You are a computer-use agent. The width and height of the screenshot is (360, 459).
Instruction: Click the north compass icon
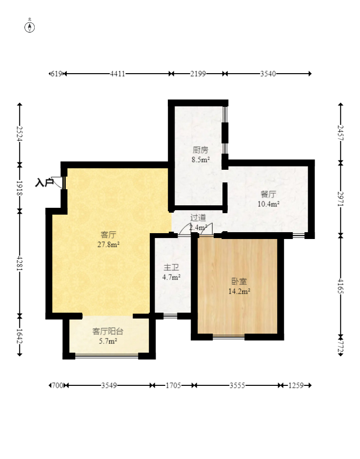click(30, 27)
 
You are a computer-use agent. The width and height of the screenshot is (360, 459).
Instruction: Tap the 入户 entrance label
click(44, 182)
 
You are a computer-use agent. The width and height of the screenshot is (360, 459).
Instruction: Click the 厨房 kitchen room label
click(200, 150)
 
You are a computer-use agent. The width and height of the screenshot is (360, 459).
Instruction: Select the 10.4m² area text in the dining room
click(268, 204)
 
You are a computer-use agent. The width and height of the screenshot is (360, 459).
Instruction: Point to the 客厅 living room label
click(108, 235)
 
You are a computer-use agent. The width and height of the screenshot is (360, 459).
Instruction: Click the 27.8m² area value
click(108, 244)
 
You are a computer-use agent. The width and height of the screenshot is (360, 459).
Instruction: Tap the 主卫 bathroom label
click(171, 268)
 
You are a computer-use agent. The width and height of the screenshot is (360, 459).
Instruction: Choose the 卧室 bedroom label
click(239, 281)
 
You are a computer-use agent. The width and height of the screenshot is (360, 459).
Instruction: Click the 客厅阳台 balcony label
click(108, 331)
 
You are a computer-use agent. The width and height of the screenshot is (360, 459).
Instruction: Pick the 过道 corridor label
click(198, 218)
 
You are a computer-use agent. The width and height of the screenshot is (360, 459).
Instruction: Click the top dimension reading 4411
click(118, 74)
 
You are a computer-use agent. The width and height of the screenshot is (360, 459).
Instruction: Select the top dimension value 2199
click(198, 74)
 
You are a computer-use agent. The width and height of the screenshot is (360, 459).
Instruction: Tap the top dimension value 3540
click(268, 74)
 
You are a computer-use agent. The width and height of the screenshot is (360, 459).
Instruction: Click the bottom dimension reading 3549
click(109, 385)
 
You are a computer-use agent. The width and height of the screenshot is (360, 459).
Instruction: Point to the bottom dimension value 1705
click(173, 385)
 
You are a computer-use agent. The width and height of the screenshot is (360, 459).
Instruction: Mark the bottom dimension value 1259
click(296, 385)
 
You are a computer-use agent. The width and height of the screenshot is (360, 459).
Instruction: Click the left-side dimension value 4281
click(20, 263)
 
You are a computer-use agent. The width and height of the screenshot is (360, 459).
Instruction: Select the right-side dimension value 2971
click(340, 199)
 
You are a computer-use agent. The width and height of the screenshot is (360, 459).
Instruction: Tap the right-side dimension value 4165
click(340, 286)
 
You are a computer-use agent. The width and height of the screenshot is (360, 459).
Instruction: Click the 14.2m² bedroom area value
click(239, 291)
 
